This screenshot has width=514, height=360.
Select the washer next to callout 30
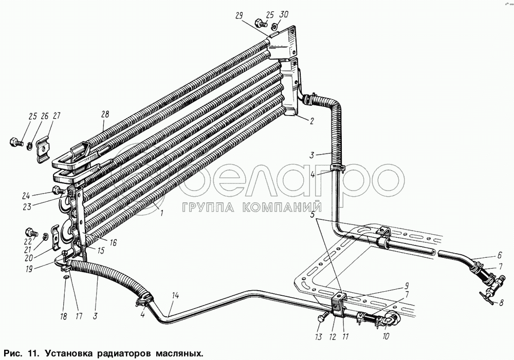coord(274,26)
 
